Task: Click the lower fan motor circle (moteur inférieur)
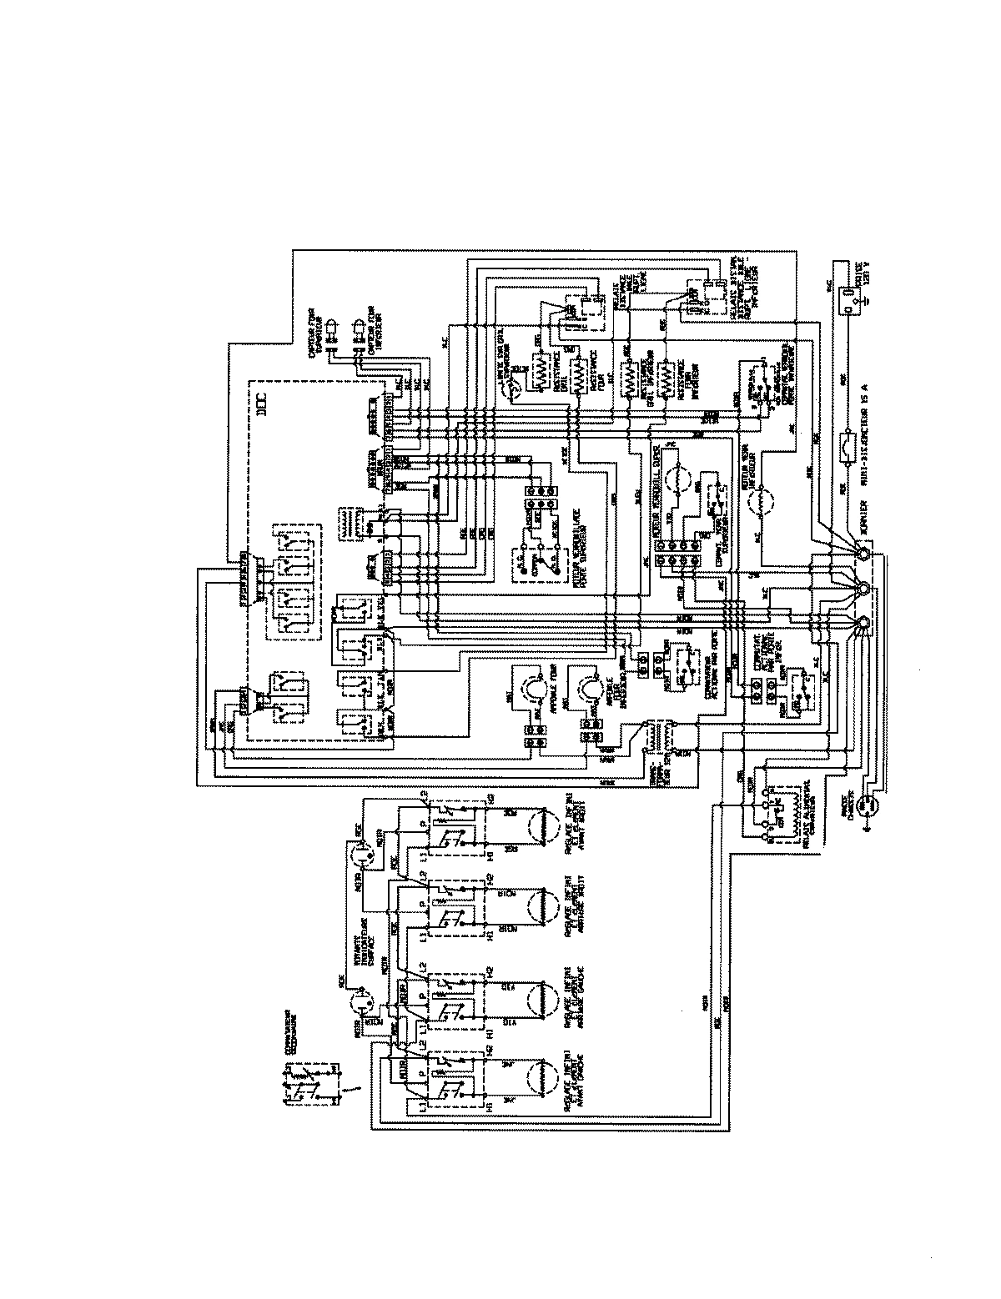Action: (x=760, y=504)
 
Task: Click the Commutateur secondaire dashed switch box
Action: (x=311, y=1082)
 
